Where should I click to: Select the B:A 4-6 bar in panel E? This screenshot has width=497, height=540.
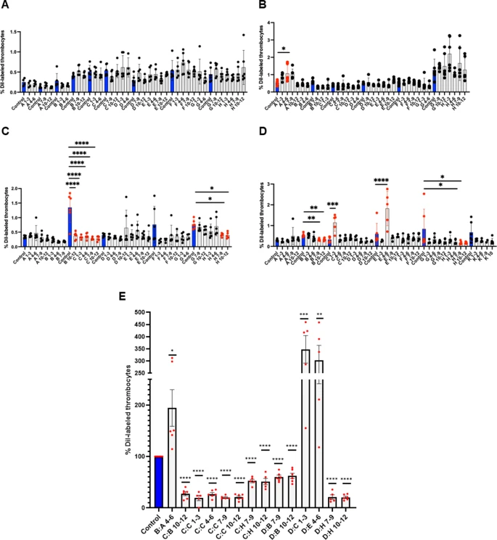point(172,457)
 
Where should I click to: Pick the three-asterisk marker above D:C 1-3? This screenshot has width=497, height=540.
point(305,317)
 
